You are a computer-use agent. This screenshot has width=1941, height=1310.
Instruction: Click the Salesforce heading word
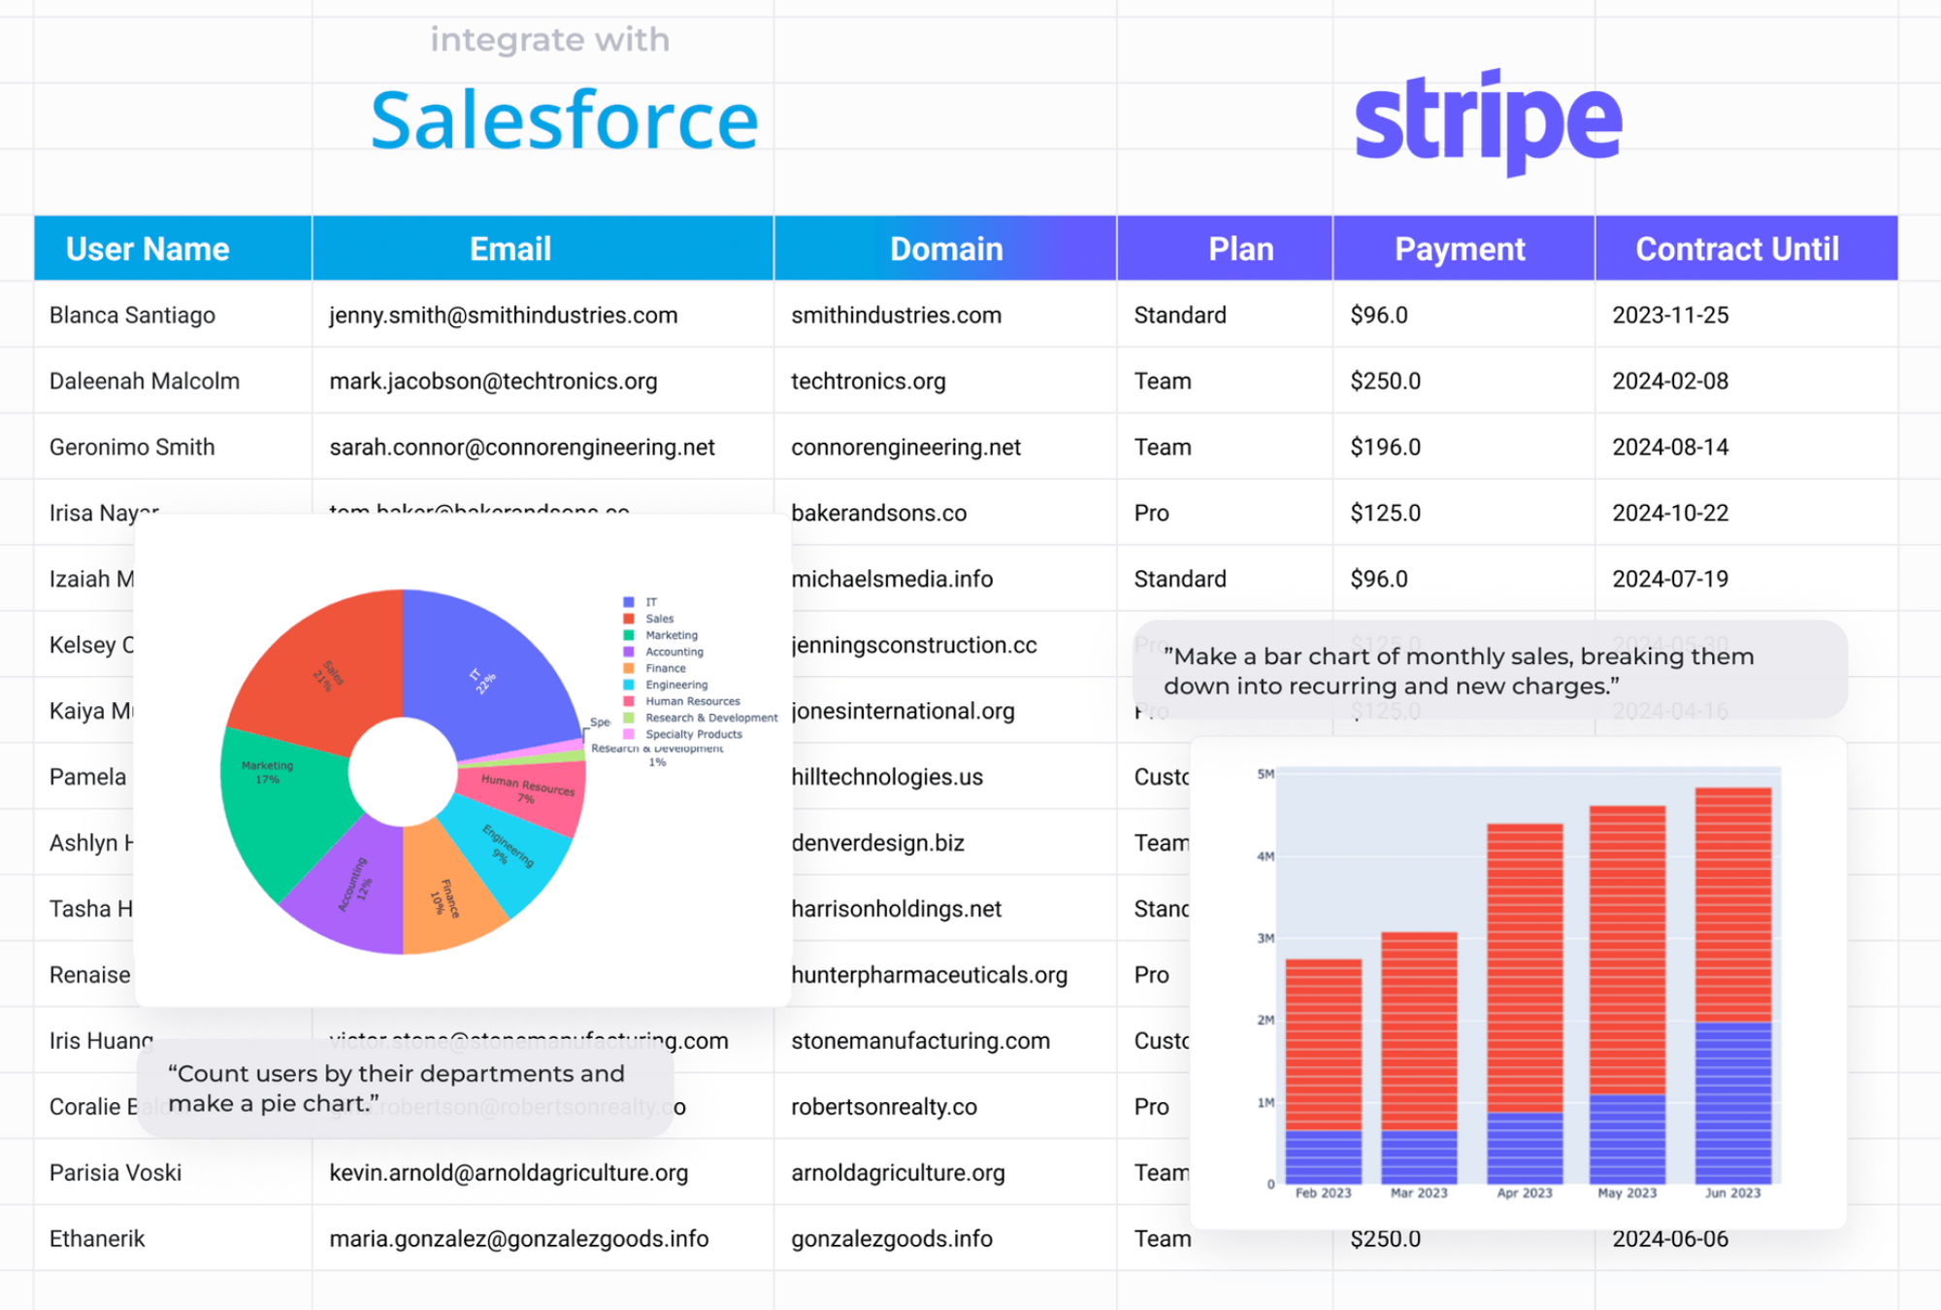[564, 120]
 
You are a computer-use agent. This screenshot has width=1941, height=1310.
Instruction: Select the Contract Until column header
[1736, 250]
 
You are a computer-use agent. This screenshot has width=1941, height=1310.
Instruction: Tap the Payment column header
[1460, 250]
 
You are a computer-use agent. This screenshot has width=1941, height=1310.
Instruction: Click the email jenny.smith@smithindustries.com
[503, 316]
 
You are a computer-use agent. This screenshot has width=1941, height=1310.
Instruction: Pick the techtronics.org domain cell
[868, 382]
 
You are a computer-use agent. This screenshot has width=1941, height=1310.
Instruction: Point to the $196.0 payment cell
[1385, 448]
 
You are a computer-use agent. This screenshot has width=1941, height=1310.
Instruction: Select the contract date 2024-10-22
[1670, 513]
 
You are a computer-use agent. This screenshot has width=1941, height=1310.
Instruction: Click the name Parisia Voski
[115, 1173]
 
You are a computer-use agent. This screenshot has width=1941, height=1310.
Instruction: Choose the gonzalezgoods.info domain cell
[891, 1239]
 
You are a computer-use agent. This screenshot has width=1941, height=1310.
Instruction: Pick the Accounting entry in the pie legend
[674, 653]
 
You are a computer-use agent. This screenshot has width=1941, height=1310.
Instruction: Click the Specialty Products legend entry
[693, 735]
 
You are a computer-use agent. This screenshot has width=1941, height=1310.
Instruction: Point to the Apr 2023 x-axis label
[1524, 1193]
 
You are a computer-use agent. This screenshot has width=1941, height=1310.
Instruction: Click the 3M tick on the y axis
[1266, 939]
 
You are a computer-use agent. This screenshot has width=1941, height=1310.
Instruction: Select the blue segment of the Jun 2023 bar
[1732, 1102]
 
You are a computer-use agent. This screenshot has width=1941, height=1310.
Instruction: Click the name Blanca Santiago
[132, 316]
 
